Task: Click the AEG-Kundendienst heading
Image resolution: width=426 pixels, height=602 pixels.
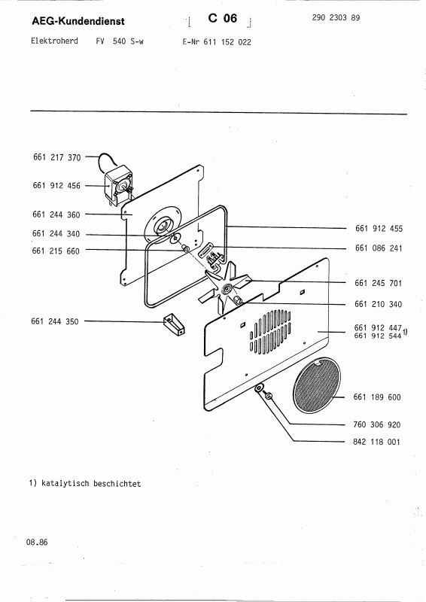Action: (x=78, y=21)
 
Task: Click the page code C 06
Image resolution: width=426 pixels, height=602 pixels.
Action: (x=223, y=18)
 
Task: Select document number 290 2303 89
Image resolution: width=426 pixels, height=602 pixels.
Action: (x=336, y=17)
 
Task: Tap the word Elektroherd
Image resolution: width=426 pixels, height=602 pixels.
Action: (x=54, y=41)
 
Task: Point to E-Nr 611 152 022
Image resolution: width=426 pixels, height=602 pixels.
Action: (x=217, y=42)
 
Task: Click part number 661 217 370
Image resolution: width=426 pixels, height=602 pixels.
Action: (x=57, y=157)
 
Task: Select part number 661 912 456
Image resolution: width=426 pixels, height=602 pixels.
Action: (x=56, y=185)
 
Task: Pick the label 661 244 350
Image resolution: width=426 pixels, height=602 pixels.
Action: (x=54, y=321)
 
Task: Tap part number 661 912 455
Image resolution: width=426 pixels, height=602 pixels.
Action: (x=379, y=229)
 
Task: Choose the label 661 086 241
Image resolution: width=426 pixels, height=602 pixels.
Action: (x=379, y=248)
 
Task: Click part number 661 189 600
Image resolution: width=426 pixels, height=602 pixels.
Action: (x=377, y=397)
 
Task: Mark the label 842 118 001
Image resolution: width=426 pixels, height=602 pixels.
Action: (x=376, y=442)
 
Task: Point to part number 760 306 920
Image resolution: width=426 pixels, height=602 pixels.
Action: (x=376, y=424)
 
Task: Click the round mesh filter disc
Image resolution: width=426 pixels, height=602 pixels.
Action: (x=317, y=385)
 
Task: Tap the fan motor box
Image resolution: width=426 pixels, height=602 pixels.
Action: (x=118, y=184)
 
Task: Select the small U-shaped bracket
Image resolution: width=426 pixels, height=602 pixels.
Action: (x=174, y=325)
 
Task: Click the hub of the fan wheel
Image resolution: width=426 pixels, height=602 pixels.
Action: (x=226, y=288)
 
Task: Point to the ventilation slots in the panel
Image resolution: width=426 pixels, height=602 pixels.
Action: (x=270, y=331)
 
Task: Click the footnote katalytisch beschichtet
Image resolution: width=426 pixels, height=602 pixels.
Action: (x=85, y=483)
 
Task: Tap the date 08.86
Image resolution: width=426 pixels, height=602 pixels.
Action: (x=37, y=542)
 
